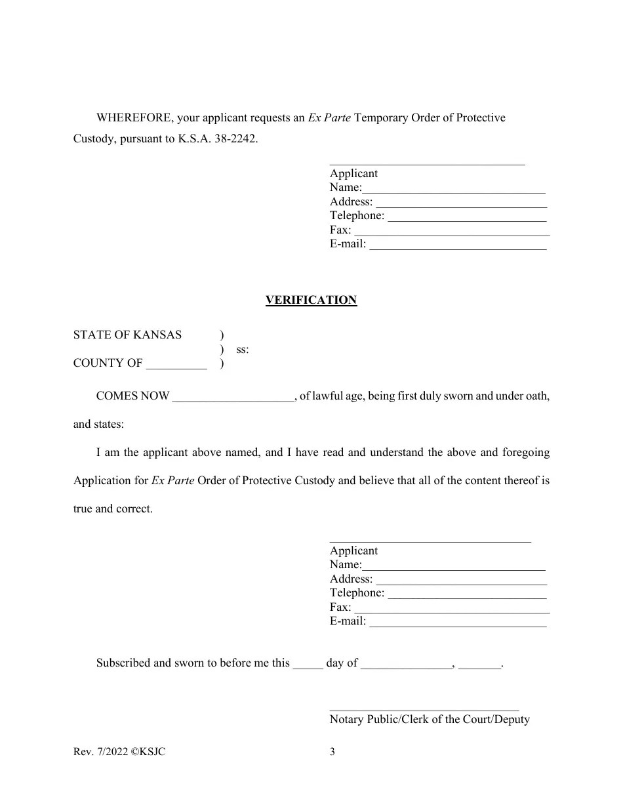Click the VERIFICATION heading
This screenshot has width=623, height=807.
point(311,300)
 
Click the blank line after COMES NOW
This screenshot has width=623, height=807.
point(233,397)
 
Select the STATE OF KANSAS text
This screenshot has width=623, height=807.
point(127,335)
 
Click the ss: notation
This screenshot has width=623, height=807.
point(243,350)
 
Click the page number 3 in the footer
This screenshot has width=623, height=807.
point(332,752)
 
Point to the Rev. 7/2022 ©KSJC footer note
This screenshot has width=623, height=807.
point(119,752)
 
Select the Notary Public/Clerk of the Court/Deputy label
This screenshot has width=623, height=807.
point(430,719)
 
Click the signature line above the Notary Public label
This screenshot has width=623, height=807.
point(424,709)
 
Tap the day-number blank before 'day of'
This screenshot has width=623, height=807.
point(308,664)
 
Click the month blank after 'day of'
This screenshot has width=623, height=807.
point(406,664)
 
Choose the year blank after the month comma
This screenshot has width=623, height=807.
point(479,664)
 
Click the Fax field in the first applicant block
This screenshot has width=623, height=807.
point(451,231)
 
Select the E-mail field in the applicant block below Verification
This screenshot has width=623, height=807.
point(458,622)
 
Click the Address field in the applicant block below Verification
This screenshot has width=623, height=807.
point(461,580)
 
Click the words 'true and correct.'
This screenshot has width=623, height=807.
point(113,509)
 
